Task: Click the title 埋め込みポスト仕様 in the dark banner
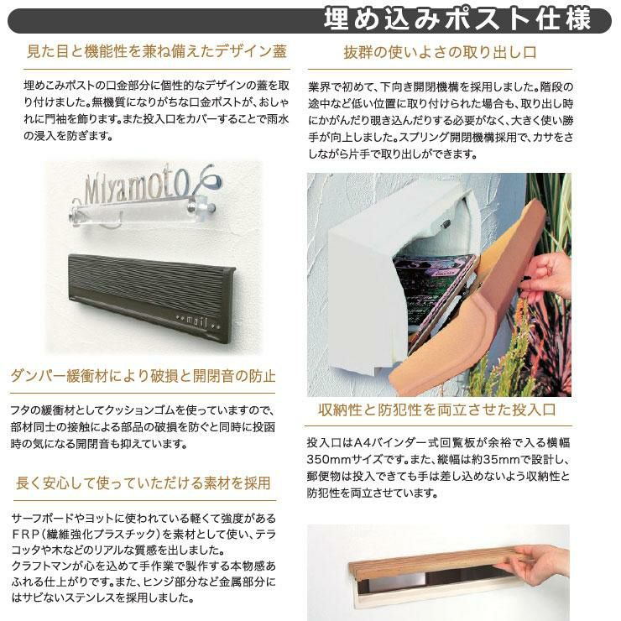[457, 19]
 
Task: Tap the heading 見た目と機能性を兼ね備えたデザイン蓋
[156, 52]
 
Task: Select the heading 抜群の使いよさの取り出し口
[440, 52]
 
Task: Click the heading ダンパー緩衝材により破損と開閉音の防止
[143, 376]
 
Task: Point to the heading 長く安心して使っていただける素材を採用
[143, 483]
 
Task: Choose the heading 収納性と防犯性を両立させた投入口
[437, 410]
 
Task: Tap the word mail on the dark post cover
[197, 321]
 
